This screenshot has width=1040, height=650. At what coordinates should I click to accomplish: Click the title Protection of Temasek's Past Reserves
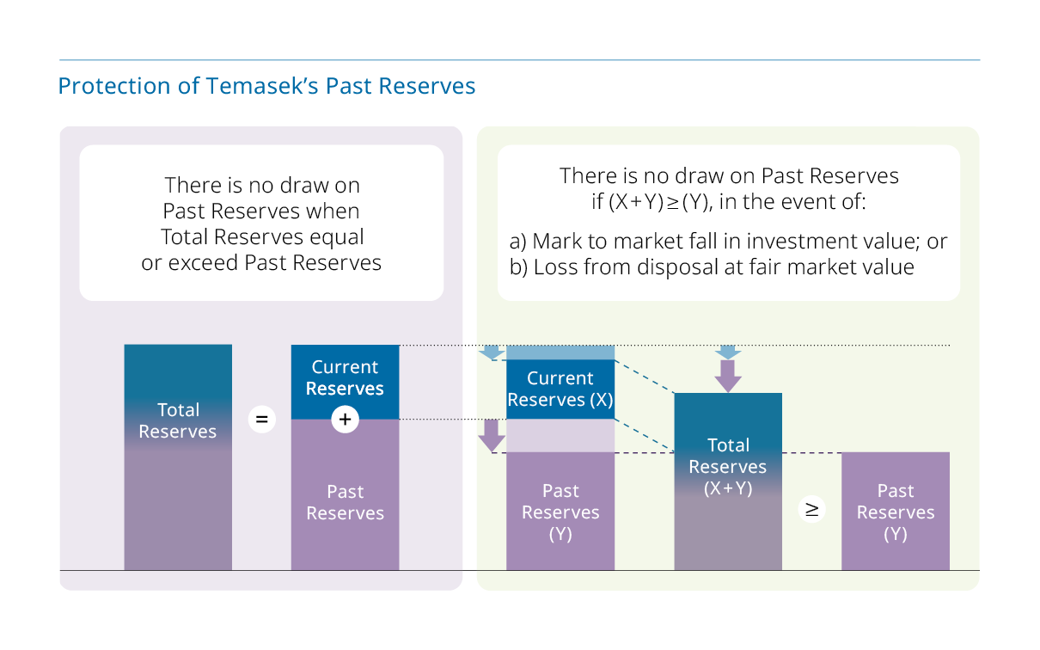[x=266, y=86]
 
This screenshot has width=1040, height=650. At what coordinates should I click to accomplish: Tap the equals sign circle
[x=262, y=420]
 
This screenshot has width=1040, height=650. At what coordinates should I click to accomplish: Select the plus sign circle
[x=345, y=420]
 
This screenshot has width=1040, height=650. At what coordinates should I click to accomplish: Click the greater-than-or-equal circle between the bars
[x=811, y=509]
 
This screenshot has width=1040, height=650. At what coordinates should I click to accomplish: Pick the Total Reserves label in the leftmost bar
[x=178, y=420]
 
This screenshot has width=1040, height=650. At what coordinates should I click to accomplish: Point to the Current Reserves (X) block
[x=560, y=389]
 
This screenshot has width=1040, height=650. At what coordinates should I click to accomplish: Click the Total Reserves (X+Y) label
[x=728, y=466]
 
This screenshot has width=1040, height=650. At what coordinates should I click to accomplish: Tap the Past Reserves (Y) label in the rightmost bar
[x=896, y=512]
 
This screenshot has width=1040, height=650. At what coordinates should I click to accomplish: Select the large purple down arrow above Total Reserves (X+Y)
[x=728, y=376]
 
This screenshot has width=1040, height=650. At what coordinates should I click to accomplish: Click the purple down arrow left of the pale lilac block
[x=492, y=436]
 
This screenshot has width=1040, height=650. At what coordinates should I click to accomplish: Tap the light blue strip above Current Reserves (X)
[x=560, y=353]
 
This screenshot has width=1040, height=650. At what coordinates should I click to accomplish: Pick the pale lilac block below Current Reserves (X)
[x=560, y=436]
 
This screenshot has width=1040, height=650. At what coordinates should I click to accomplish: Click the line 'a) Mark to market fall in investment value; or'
[x=728, y=241]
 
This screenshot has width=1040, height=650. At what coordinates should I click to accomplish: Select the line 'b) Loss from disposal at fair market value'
[x=712, y=267]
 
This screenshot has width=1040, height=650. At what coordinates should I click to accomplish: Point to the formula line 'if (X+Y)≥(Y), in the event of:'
[x=729, y=201]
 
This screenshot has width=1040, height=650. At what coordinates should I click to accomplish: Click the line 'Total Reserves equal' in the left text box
[x=262, y=236]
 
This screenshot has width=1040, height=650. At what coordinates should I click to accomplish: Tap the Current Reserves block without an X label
[x=345, y=382]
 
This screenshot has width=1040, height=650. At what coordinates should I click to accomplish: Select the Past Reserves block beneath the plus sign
[x=345, y=494]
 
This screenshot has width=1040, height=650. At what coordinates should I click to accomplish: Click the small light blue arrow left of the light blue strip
[x=492, y=353]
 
